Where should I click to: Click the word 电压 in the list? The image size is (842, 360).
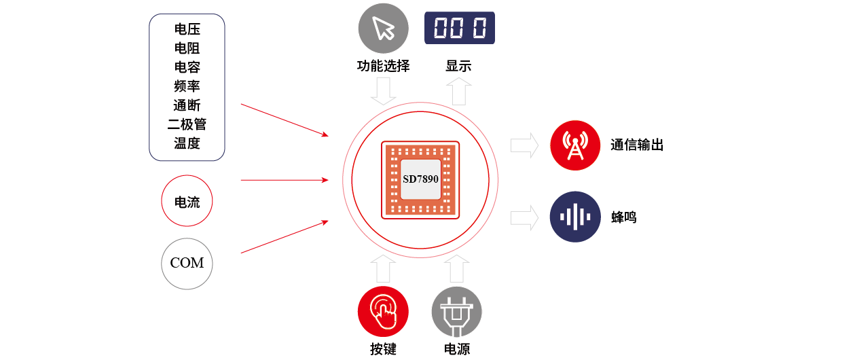pos(187,29)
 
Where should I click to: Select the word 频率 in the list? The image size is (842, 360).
pos(187,86)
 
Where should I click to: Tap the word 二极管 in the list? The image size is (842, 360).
pos(187,124)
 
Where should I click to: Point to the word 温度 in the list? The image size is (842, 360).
pos(187,143)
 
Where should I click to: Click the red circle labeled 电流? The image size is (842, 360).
pos(187,202)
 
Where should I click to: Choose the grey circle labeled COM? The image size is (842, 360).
pos(187,263)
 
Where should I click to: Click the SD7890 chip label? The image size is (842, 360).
pos(420,180)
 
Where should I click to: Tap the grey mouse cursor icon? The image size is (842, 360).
pos(384,29)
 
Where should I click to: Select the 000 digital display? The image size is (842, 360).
pos(460,28)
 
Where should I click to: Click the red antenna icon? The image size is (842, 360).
pos(575,145)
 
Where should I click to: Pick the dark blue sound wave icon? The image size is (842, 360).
pos(575,217)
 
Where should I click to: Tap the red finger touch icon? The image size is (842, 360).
pos(384,312)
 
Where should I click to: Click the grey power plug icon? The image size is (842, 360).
pos(457,312)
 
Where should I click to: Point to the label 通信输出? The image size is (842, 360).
pos(636,145)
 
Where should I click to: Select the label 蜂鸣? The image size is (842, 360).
pos(623,217)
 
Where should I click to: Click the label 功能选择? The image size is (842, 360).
pos(383,67)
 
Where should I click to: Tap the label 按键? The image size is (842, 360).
pos(383,350)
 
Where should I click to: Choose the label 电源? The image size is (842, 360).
pos(457,350)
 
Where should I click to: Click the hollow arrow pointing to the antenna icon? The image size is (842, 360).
pos(524,145)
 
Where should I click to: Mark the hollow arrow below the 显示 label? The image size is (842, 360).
pos(459,90)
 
